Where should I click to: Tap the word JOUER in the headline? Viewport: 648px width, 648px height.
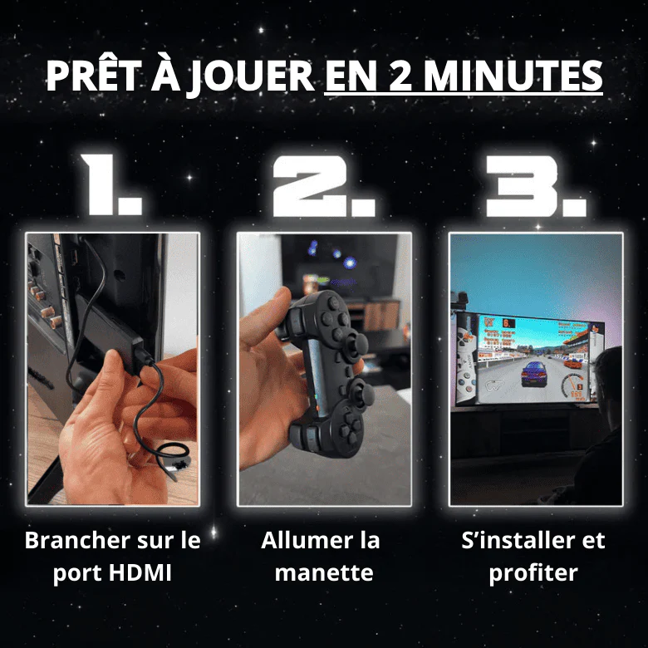[251, 78]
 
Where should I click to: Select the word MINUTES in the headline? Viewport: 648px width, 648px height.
[513, 76]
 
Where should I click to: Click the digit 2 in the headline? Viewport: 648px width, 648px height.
[400, 76]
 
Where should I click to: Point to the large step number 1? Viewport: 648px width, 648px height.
[110, 184]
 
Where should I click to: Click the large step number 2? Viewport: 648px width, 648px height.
[323, 186]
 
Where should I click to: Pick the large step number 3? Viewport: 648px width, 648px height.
[535, 186]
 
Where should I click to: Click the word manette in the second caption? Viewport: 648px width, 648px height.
[324, 572]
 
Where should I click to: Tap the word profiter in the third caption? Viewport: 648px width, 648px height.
[533, 573]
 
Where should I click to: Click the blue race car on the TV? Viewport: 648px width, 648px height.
[534, 373]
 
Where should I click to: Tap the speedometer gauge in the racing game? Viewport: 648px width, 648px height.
[574, 385]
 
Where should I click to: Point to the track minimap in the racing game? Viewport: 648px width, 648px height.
[495, 386]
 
